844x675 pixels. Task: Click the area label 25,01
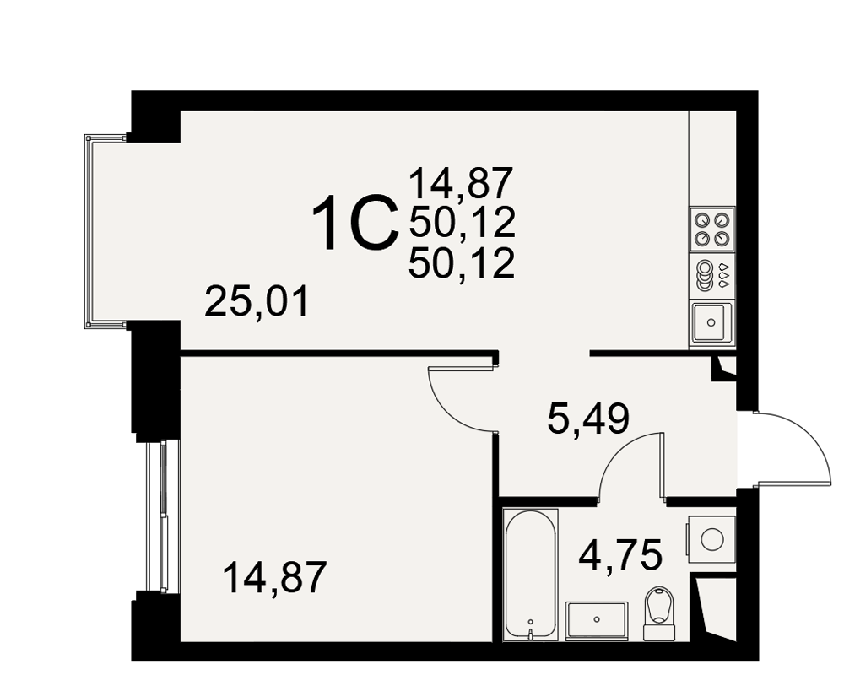257,303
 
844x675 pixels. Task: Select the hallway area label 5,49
587,419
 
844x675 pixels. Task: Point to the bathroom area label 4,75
619,555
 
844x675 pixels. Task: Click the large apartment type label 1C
356,223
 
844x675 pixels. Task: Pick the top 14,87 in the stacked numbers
460,183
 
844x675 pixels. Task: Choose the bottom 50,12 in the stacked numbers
462,264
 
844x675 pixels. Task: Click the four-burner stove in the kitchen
711,229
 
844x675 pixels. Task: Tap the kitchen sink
711,322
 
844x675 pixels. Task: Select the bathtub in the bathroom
530,575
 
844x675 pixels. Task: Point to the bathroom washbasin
597,621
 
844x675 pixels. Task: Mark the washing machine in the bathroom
711,539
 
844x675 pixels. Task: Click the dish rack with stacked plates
711,275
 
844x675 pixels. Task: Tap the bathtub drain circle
531,621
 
